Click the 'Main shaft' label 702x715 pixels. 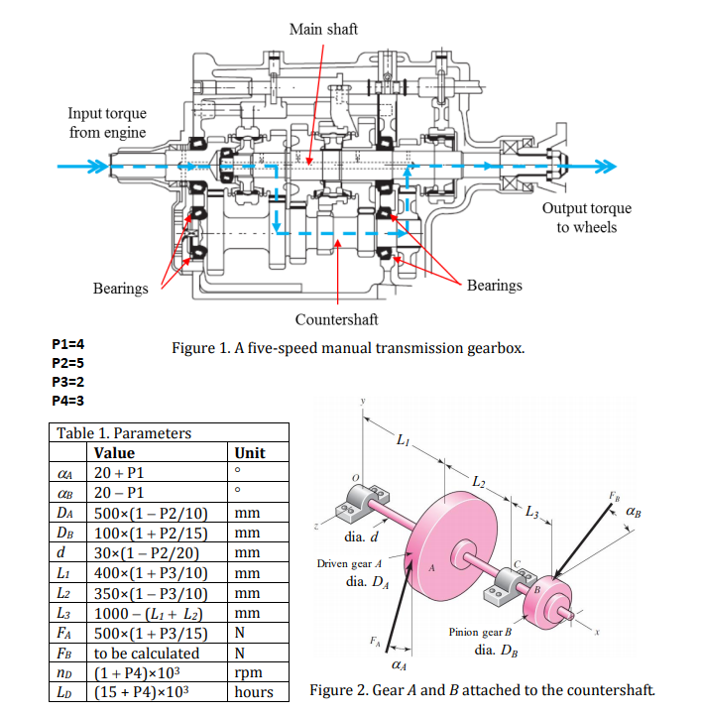[323, 29]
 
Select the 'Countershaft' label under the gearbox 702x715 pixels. [336, 319]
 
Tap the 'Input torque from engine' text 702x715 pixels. [107, 124]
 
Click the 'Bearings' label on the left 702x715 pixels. [120, 288]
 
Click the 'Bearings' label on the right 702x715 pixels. [494, 286]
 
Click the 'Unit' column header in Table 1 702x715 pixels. [250, 452]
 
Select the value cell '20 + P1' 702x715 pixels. [122, 473]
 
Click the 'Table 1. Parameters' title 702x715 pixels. [124, 432]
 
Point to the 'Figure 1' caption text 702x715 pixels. [347, 348]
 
